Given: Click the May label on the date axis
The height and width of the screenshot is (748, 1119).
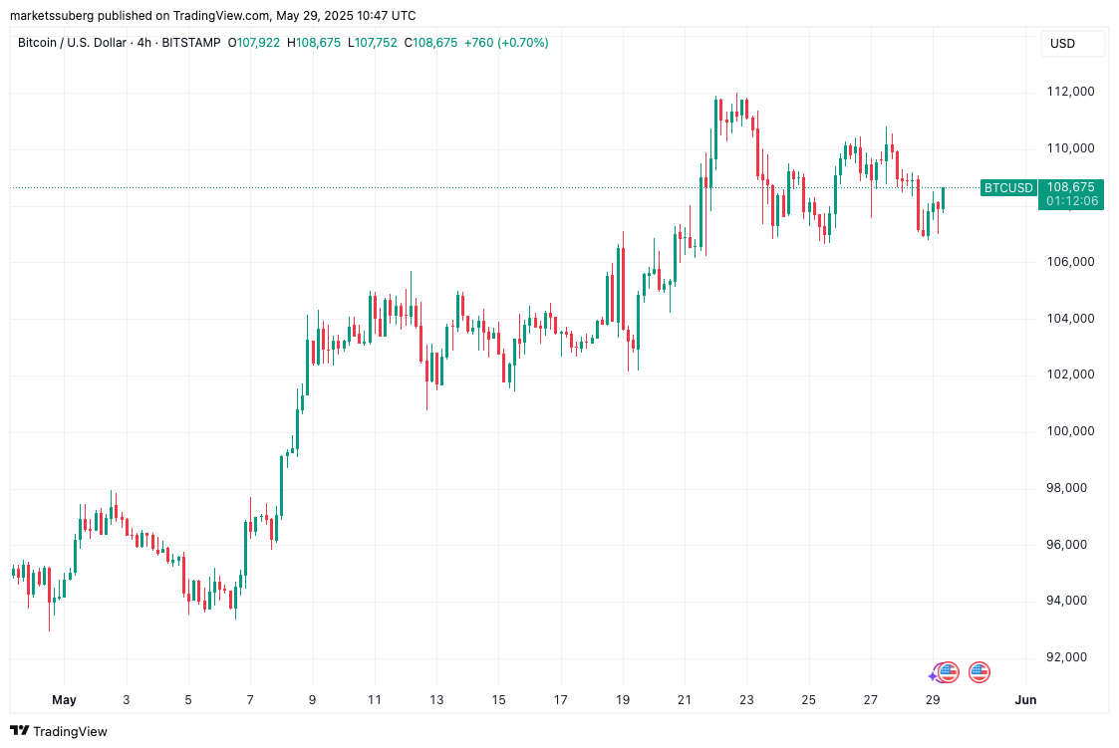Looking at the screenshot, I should (x=64, y=700).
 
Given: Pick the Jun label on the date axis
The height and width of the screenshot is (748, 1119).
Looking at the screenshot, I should (x=1025, y=700).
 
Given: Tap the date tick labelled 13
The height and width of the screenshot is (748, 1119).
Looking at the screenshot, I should (x=435, y=700).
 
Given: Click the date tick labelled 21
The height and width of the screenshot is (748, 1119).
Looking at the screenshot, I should (x=684, y=700).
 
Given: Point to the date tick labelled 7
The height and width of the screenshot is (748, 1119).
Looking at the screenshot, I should (x=250, y=700).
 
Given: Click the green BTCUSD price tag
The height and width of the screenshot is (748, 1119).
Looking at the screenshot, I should (x=1007, y=187).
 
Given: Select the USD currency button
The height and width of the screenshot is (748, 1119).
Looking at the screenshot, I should (x=1063, y=44).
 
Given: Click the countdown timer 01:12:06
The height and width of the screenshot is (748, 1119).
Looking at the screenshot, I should (x=1072, y=201).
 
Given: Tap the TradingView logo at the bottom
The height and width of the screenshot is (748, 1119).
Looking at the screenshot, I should (x=59, y=731).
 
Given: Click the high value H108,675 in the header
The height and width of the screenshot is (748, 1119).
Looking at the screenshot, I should (x=314, y=43).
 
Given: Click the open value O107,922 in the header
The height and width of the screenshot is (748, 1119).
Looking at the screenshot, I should (x=255, y=43).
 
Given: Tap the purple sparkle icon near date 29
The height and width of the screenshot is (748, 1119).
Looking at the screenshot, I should (x=934, y=676).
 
